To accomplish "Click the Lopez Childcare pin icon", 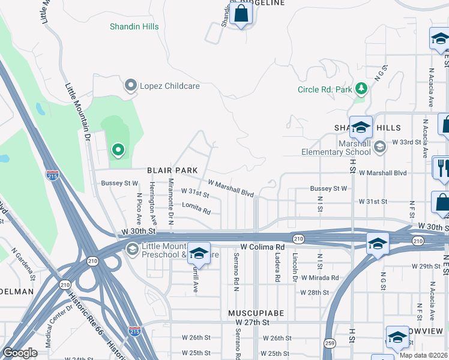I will pyautogui.click(x=130, y=86).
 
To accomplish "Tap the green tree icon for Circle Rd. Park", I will pyautogui.click(x=361, y=89).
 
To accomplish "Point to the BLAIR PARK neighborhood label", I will pyautogui.click(x=173, y=170).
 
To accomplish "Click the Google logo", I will pyautogui.click(x=20, y=353).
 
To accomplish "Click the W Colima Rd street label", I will pyautogui.click(x=262, y=247).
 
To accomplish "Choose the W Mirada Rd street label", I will pyautogui.click(x=320, y=278).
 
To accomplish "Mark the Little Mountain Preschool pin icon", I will pyautogui.click(x=131, y=249).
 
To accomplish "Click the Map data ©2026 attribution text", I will pyautogui.click(x=423, y=355).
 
